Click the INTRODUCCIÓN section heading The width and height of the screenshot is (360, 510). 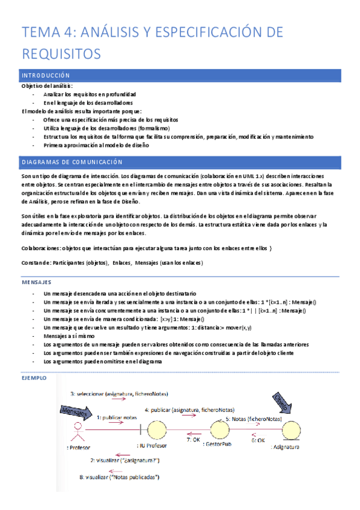46,75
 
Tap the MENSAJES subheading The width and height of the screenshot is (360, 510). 36,281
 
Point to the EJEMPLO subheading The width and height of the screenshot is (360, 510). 34,378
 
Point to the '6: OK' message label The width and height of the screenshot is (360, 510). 258,440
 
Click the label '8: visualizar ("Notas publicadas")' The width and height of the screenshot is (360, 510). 119,478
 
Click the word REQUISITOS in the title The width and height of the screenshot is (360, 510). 61,54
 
